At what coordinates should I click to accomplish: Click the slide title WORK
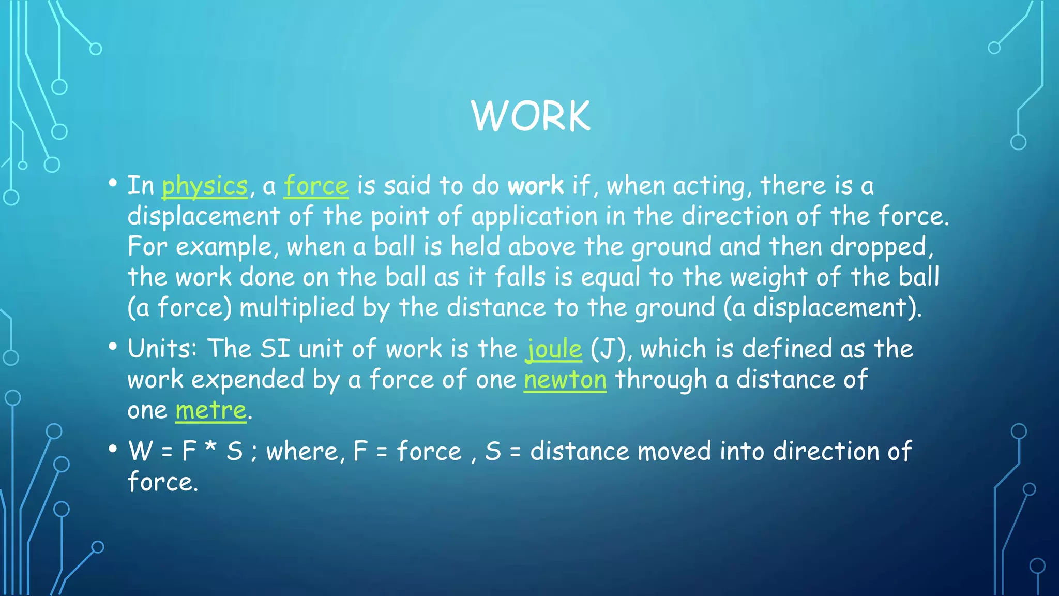click(531, 116)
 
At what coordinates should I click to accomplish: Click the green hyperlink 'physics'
click(205, 186)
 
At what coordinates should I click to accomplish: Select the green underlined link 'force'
click(316, 186)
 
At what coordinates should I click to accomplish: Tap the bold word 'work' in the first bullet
click(535, 186)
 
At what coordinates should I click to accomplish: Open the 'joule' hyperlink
click(553, 349)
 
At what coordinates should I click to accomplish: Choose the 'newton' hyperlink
click(565, 380)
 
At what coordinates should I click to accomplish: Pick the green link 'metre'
click(210, 410)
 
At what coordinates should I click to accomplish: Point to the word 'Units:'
click(162, 349)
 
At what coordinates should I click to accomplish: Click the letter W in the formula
click(141, 451)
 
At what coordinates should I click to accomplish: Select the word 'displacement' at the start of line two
click(204, 216)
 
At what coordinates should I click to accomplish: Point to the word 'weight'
click(768, 278)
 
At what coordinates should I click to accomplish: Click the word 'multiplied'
click(297, 307)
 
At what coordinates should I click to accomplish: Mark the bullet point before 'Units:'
click(113, 347)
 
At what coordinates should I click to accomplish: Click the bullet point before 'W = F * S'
click(113, 449)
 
